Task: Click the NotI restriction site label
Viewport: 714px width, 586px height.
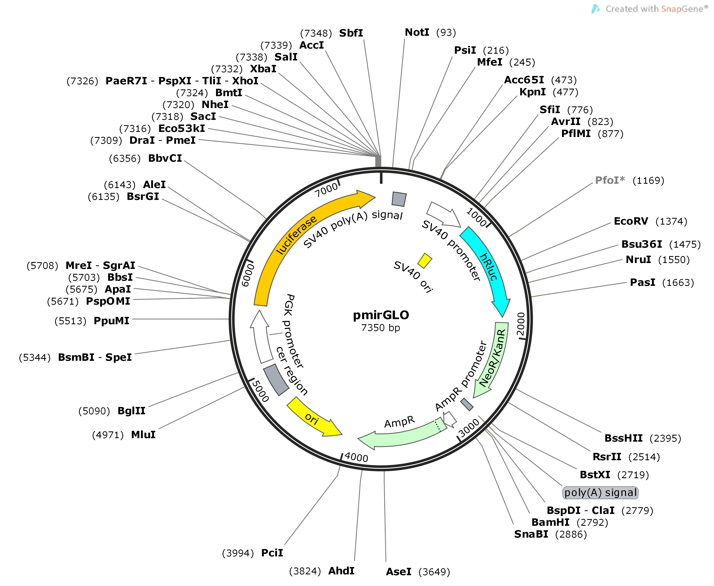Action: coord(417,32)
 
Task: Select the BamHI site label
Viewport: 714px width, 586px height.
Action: coord(550,522)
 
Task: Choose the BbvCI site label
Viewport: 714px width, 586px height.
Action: coord(165,158)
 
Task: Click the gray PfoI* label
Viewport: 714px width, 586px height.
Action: coord(609,180)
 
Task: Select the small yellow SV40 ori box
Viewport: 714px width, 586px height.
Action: coord(425,260)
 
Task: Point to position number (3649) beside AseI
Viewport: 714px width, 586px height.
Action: coord(434,572)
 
